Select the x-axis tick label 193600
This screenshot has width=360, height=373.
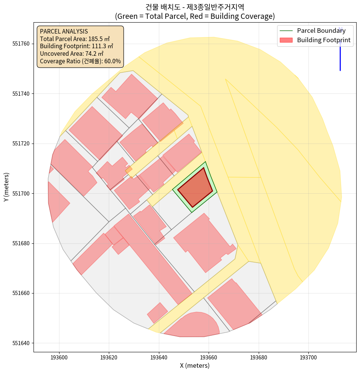click(59, 357)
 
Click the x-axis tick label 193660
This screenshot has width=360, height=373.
click(209, 357)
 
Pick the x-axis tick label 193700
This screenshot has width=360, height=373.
click(308, 357)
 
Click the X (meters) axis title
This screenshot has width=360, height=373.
click(195, 365)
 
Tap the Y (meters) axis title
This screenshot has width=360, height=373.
click(6, 187)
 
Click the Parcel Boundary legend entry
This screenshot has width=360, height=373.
click(321, 31)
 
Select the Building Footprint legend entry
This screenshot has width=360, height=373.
click(323, 40)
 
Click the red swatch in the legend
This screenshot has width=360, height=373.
click(286, 40)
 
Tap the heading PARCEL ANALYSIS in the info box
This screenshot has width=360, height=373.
click(64, 31)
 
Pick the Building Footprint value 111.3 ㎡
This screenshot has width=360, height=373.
click(102, 46)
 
